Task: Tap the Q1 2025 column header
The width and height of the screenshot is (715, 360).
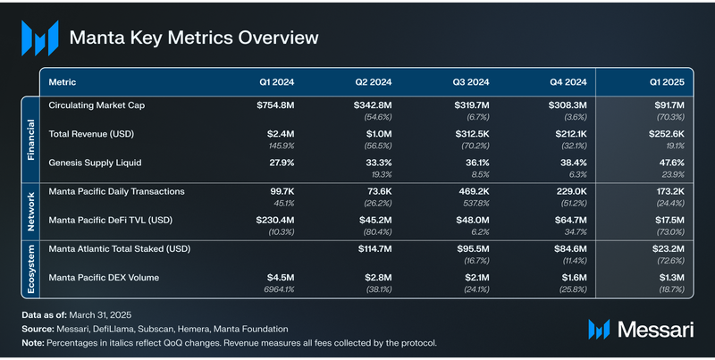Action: [666, 82]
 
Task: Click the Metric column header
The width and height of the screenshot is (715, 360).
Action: [63, 82]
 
